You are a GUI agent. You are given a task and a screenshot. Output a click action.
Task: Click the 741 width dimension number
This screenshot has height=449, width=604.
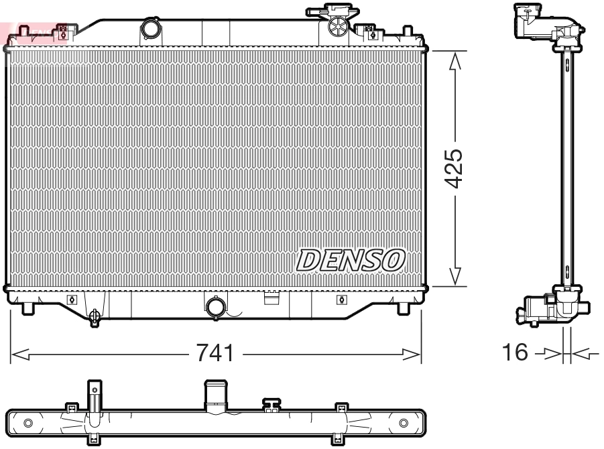tap(215, 353)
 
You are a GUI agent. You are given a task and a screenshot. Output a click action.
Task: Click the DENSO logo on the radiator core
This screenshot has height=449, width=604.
tap(351, 259)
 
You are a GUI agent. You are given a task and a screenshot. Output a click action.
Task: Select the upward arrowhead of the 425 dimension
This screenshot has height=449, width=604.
tap(455, 60)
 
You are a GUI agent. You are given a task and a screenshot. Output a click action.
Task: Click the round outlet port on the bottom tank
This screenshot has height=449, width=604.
tap(216, 307)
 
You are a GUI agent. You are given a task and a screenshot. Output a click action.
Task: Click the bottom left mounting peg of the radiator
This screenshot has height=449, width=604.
tap(28, 308)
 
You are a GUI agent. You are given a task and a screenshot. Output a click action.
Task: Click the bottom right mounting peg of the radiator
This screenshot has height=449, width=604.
tap(403, 308)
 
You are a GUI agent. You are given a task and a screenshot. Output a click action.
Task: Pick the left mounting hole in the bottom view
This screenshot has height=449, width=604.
tap(27, 423)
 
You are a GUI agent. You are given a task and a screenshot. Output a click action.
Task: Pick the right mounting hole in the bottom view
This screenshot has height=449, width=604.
tap(404, 423)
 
